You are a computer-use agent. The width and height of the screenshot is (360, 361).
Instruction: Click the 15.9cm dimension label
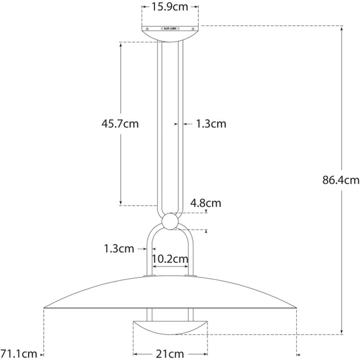(170, 7)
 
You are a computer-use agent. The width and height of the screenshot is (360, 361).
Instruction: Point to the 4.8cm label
(206, 203)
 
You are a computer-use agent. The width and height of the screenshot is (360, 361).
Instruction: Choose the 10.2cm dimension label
(170, 259)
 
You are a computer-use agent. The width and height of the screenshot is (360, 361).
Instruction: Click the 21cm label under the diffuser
(170, 354)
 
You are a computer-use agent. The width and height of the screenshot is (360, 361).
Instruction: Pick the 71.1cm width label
(18, 354)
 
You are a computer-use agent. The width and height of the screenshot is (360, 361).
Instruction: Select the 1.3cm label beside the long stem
(211, 123)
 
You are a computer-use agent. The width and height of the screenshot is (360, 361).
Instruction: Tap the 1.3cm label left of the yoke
(119, 248)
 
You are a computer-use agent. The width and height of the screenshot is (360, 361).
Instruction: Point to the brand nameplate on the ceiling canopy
(170, 27)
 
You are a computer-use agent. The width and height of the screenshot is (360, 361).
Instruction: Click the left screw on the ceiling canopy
(148, 27)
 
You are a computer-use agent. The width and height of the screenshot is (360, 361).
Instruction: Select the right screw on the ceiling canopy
(192, 27)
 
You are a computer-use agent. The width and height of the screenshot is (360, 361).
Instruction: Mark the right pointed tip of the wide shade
(296, 308)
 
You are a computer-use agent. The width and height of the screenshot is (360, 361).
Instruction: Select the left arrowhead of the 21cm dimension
(135, 354)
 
